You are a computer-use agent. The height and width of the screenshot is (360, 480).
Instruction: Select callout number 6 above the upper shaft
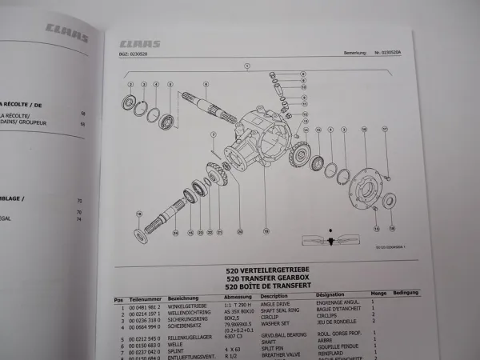[206, 84]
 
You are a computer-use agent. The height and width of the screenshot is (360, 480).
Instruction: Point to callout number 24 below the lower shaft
[175, 234]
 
